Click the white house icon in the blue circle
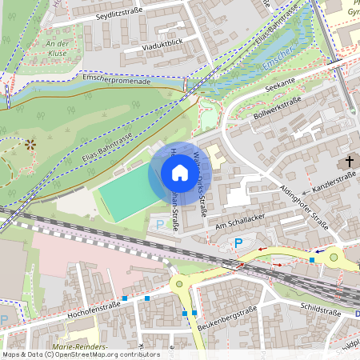pos(179,172)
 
